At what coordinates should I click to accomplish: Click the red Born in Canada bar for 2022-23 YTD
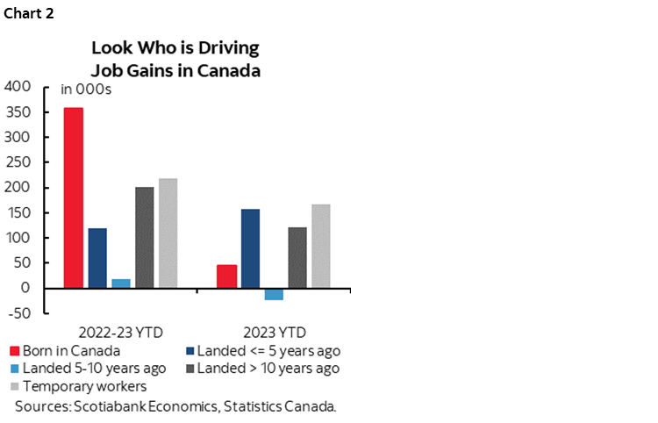click(74, 197)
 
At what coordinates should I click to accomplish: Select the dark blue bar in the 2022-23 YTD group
click(97, 258)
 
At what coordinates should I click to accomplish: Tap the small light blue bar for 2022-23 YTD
click(121, 283)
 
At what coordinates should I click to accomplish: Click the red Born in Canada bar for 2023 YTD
click(226, 276)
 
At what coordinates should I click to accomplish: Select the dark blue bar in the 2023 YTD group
click(250, 248)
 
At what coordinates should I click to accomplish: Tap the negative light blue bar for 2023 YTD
click(274, 294)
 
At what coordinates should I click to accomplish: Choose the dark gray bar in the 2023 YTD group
click(297, 257)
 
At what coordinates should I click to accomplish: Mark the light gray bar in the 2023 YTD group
click(321, 246)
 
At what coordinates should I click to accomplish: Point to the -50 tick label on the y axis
click(18, 313)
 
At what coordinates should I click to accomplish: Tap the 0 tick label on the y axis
click(26, 288)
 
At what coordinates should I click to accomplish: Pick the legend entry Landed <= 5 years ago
click(264, 352)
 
